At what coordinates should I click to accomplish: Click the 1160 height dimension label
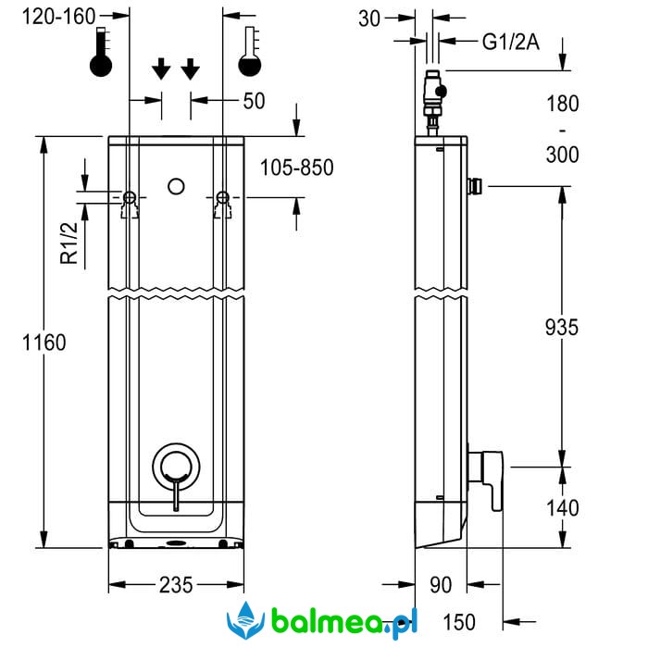pyautogui.click(x=45, y=343)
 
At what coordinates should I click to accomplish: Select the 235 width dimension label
pyautogui.click(x=176, y=585)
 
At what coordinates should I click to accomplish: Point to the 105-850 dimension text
pyautogui.click(x=296, y=168)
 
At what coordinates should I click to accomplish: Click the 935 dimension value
pyautogui.click(x=561, y=327)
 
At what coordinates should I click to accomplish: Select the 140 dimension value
pyautogui.click(x=561, y=507)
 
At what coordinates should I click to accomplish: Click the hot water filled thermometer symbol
pyautogui.click(x=101, y=51)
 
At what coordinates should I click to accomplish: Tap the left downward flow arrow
pyautogui.click(x=161, y=69)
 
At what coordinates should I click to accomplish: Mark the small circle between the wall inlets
pyautogui.click(x=176, y=186)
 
